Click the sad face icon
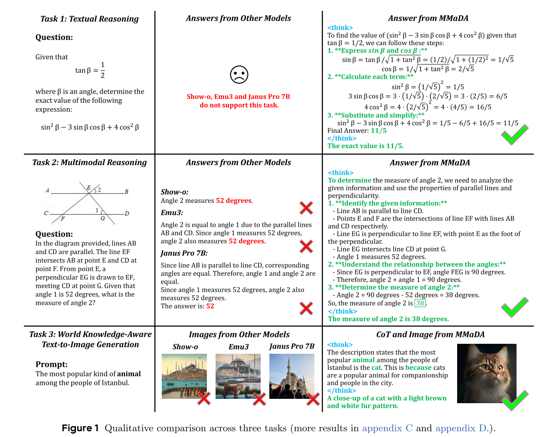(x=239, y=75)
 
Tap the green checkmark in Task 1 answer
(x=514, y=135)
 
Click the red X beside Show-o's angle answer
(x=306, y=208)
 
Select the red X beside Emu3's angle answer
(x=306, y=246)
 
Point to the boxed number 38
(x=420, y=303)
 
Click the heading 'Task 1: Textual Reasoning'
(x=89, y=19)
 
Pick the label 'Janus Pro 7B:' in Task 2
(x=184, y=253)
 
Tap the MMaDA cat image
(x=487, y=374)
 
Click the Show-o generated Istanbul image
(x=184, y=376)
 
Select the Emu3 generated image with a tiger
(x=238, y=376)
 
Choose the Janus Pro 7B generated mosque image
(x=292, y=376)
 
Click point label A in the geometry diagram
(x=47, y=190)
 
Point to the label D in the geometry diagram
(x=127, y=213)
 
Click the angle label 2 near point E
(x=99, y=189)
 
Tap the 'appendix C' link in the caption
(x=387, y=428)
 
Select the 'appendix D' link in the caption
(x=461, y=428)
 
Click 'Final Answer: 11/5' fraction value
(x=378, y=130)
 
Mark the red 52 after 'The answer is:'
(x=210, y=306)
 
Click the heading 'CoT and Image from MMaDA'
(x=430, y=334)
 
